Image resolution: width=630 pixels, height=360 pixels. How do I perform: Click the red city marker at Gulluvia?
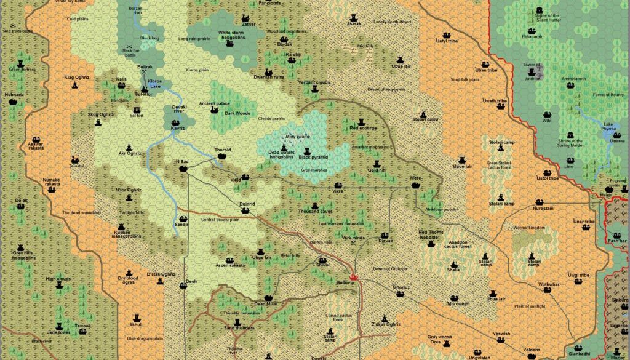click(354, 276)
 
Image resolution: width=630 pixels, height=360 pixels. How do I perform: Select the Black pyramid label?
click(314, 158)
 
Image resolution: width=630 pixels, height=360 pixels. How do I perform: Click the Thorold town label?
click(222, 150)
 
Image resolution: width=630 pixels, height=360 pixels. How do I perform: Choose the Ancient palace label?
click(214, 104)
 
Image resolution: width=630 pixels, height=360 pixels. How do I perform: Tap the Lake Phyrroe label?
click(608, 127)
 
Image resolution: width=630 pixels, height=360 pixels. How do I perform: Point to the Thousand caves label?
click(315, 212)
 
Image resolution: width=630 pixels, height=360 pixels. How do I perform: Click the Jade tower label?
click(58, 332)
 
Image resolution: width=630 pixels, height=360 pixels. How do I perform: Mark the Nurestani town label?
click(539, 208)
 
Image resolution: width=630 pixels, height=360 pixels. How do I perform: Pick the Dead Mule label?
click(266, 303)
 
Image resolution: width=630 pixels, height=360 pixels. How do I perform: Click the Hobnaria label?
click(14, 95)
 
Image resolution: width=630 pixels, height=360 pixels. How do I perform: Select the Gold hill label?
click(377, 170)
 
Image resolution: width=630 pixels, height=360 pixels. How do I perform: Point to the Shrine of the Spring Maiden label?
click(570, 142)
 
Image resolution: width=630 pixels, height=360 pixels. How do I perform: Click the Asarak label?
click(354, 23)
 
